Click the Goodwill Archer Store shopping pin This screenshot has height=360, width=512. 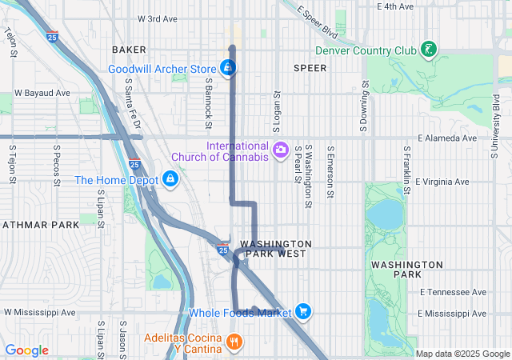(228, 67)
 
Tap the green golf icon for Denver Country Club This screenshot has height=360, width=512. (429, 50)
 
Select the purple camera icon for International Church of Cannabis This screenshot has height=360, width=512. (280, 149)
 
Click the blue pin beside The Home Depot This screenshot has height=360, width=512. (170, 179)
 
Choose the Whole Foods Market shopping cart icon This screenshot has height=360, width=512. (302, 311)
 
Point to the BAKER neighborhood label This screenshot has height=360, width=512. (130, 50)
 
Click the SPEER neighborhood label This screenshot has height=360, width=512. (310, 68)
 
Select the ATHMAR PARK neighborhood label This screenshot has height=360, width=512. (40, 225)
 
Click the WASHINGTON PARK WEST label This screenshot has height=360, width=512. (274, 248)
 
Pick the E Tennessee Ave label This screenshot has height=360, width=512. (452, 292)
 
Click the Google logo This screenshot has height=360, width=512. (27, 350)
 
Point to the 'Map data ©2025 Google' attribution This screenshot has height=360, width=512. (462, 354)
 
